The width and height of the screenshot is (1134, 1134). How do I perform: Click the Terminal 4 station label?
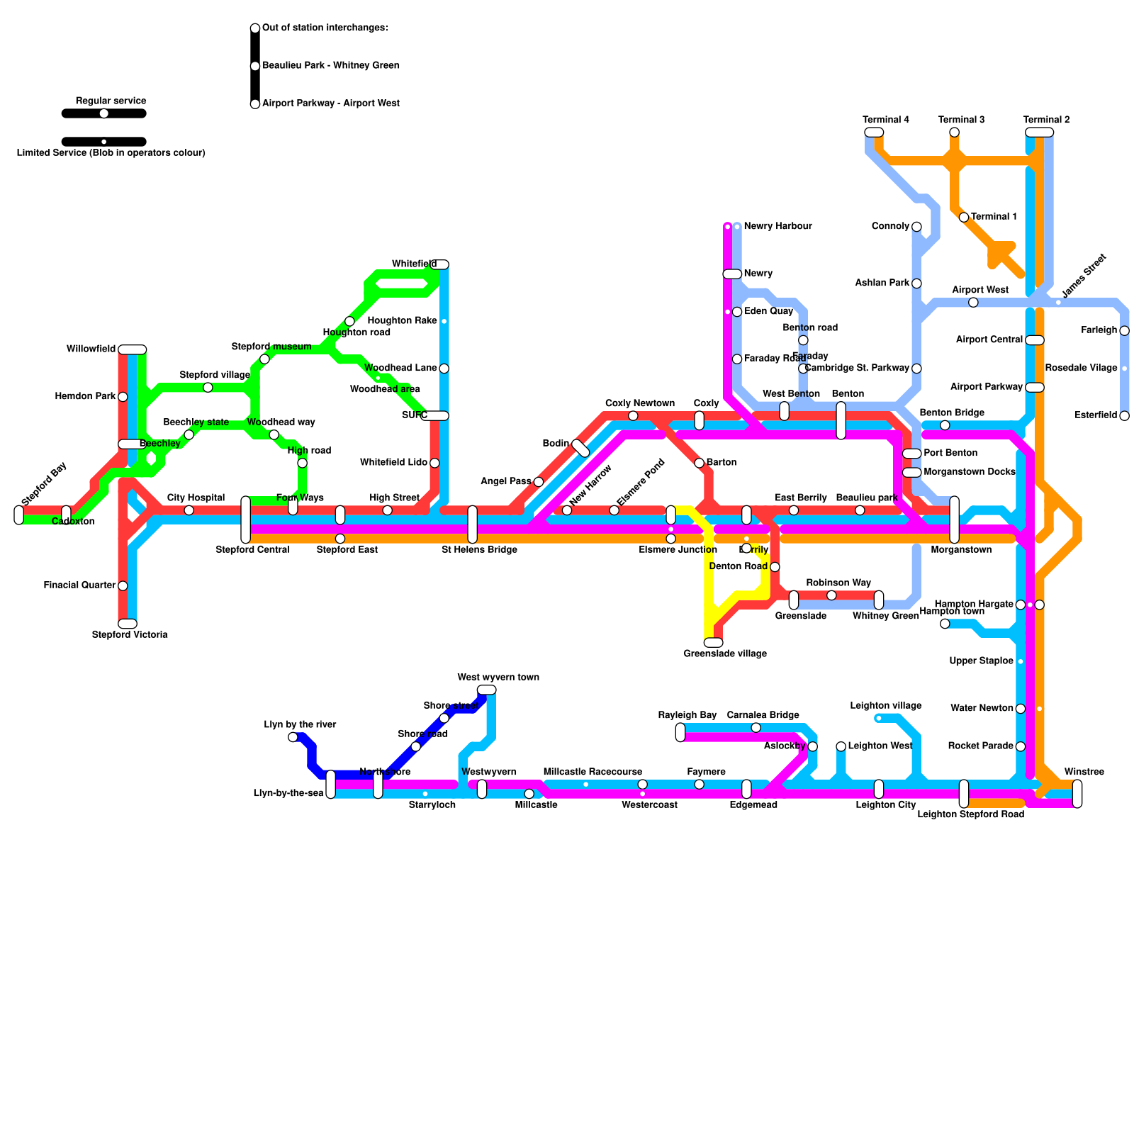pyautogui.click(x=886, y=120)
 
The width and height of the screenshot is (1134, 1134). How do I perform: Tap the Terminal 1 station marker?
pyautogui.click(x=964, y=217)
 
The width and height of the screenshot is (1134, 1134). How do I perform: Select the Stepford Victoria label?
pyautogui.click(x=130, y=635)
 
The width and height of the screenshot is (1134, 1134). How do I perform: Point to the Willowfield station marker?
pyautogui.click(x=132, y=349)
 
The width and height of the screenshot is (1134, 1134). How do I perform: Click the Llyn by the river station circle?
pyautogui.click(x=293, y=737)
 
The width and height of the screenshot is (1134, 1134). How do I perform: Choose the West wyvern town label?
pyautogui.click(x=498, y=678)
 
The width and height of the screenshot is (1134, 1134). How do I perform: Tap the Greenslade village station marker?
pyautogui.click(x=713, y=643)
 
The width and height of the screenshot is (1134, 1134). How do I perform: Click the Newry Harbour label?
pyautogui.click(x=777, y=226)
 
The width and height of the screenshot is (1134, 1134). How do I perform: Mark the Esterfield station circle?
pyautogui.click(x=1124, y=416)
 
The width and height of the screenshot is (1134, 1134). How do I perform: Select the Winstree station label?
pyautogui.click(x=1084, y=772)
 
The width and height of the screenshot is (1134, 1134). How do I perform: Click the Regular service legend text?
pyautogui.click(x=111, y=101)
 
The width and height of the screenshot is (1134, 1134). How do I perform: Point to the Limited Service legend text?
pyautogui.click(x=111, y=153)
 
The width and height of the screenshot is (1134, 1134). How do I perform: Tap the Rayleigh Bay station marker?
pyautogui.click(x=680, y=732)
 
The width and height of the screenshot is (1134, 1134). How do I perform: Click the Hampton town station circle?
pyautogui.click(x=945, y=624)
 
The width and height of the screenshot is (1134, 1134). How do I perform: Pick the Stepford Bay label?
pyautogui.click(x=44, y=483)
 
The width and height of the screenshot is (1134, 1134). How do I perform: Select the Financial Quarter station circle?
pyautogui.click(x=123, y=585)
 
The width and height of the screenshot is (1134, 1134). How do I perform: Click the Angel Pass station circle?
pyautogui.click(x=539, y=482)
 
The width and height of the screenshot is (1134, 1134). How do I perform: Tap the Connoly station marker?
pyautogui.click(x=916, y=227)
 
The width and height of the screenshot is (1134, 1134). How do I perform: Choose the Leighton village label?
pyautogui.click(x=886, y=706)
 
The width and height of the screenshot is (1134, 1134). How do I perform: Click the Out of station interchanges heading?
pyautogui.click(x=325, y=28)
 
